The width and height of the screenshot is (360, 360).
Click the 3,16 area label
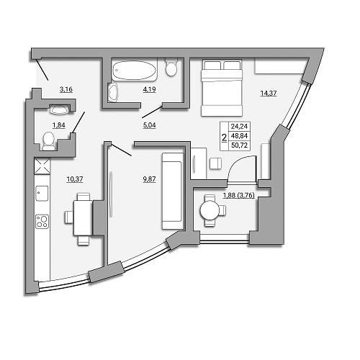66,89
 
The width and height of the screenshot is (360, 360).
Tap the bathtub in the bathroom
135,70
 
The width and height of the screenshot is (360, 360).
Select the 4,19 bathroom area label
149,89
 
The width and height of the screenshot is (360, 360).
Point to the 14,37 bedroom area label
269,93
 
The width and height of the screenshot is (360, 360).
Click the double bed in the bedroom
222,88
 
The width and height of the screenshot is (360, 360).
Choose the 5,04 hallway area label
149,125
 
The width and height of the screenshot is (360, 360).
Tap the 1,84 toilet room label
59,125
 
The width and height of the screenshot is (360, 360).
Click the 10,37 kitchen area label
75,179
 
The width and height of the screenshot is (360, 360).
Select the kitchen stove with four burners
42,221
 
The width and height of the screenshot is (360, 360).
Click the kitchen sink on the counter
42,193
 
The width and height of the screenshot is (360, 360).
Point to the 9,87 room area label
149,179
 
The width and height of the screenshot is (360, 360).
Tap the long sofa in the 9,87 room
172,191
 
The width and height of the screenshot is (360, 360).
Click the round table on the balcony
210,210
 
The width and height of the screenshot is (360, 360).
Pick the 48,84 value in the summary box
239,136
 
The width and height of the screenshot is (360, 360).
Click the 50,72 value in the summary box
239,145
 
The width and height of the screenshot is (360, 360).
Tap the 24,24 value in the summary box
239,126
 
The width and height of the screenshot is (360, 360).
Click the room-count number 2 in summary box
225,138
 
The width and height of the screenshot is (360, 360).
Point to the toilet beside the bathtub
171,68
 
